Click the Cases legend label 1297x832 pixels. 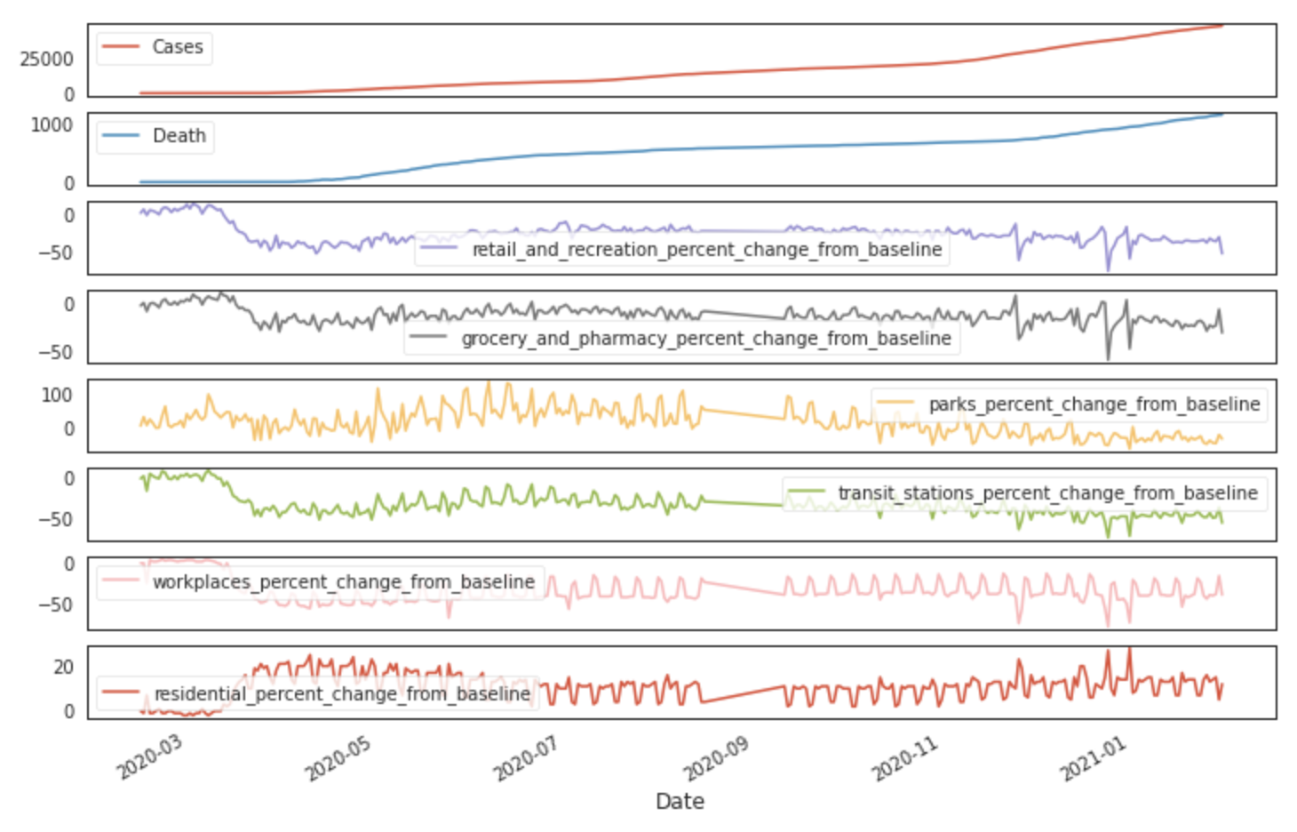178,47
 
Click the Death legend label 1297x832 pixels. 179,136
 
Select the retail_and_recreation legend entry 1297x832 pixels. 706,250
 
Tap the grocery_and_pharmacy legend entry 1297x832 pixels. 706,339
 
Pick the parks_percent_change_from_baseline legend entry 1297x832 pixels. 1094,404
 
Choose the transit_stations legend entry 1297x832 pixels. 1047,493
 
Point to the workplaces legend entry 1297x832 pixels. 343,582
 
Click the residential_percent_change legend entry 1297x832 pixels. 342,694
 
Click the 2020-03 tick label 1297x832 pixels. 150,758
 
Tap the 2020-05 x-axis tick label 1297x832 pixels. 338,758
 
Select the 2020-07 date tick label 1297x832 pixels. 527,758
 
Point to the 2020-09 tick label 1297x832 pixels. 716,758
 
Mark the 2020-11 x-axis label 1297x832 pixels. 904,758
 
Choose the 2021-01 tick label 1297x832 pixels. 1094,758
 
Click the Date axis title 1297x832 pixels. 680,801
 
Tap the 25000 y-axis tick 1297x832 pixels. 47,60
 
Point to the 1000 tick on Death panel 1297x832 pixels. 52,125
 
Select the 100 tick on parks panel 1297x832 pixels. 57,395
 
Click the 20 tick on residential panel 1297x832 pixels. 63,667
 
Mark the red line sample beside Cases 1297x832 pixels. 121,47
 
